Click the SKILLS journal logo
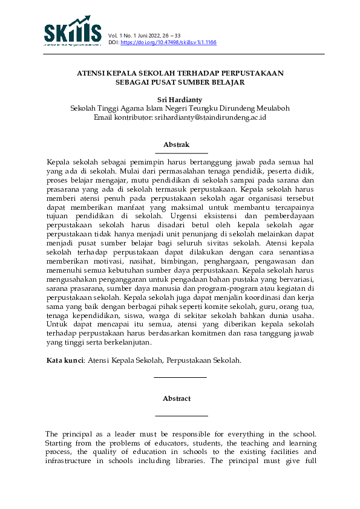coord(72,31)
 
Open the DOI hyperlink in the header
coord(168,43)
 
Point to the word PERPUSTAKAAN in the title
coord(254,73)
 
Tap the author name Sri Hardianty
coord(180,99)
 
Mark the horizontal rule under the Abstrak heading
coord(182,153)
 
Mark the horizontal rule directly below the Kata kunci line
coord(181,377)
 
